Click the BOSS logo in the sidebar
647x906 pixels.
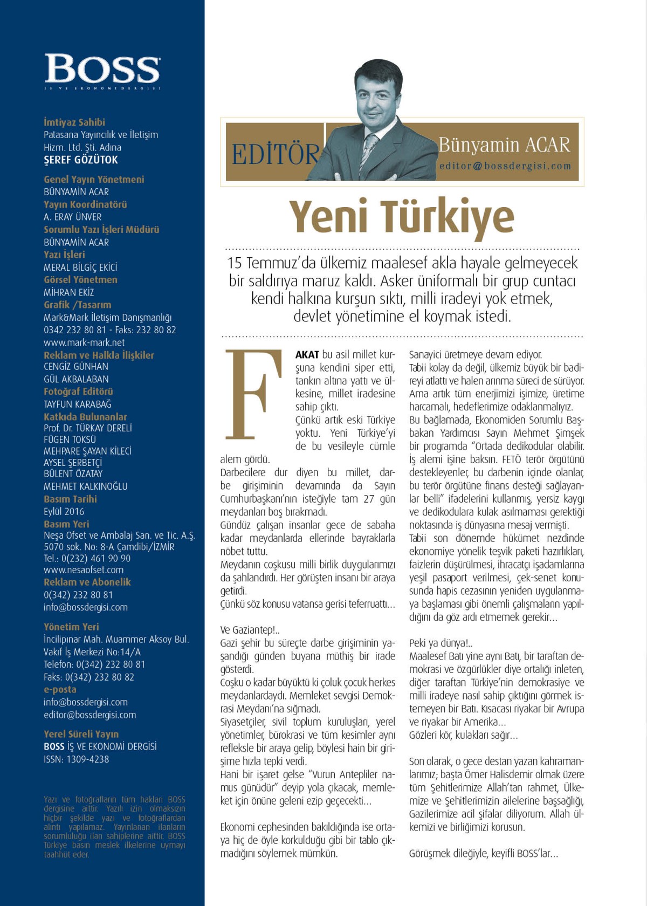[x=102, y=69]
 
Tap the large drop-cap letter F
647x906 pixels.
[x=254, y=394]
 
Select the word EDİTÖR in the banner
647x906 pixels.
[x=275, y=154]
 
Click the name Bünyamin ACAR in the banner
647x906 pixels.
[x=504, y=145]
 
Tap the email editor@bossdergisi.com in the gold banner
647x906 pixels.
[x=505, y=166]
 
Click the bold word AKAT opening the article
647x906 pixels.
[x=307, y=355]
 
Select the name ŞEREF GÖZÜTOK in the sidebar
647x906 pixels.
[x=81, y=160]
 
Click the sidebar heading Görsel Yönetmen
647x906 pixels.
[x=80, y=279]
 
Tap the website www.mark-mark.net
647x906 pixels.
[x=84, y=342]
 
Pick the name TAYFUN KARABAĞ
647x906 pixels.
[x=78, y=404]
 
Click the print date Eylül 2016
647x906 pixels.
[x=64, y=511]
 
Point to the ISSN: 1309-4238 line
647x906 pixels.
[x=76, y=759]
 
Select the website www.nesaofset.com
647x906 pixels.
[x=84, y=569]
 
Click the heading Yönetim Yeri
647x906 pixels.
[x=71, y=627]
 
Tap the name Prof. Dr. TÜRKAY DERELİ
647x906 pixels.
[x=88, y=428]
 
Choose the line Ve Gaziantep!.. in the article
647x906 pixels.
[x=250, y=630]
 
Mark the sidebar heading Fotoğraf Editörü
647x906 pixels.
[x=78, y=392]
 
